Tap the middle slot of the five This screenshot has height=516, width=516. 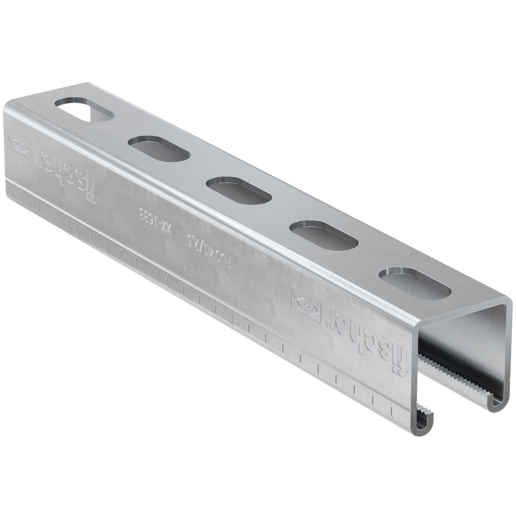tap(239, 190)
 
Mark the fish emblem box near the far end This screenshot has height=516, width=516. tap(19, 143)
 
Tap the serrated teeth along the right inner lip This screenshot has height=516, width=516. tap(454, 372)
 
